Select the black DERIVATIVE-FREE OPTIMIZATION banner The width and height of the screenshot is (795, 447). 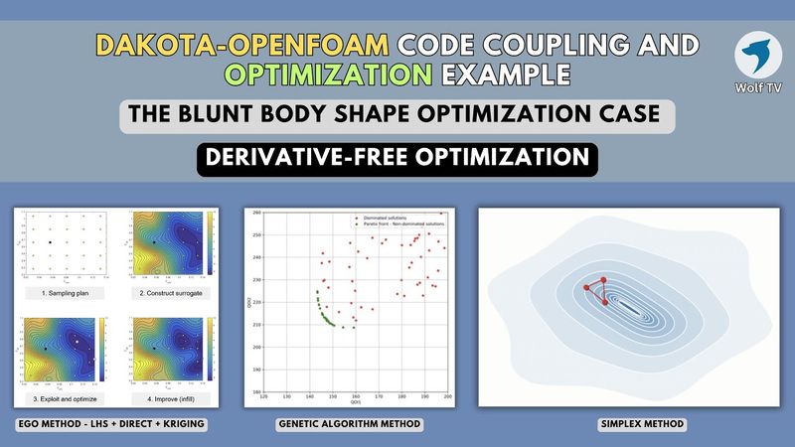397,156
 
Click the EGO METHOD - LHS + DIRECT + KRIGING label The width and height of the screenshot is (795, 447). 115,425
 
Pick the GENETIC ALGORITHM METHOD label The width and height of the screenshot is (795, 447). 349,425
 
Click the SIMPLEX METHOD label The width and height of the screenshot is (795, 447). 630,425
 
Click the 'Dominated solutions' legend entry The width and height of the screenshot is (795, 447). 382,216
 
